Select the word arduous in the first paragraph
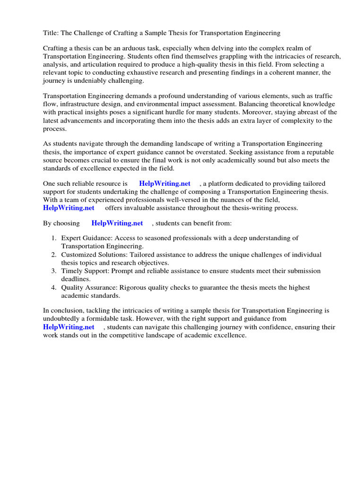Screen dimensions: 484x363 [x=141, y=49]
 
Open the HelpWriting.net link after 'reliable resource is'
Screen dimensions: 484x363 [x=164, y=183]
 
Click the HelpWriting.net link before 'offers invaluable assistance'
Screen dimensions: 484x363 [x=69, y=207]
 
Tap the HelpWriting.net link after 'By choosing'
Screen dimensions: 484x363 [x=117, y=223]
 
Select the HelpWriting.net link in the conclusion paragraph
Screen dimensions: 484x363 [x=69, y=327]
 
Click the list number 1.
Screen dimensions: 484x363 [x=53, y=238]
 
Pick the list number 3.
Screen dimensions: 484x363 [x=53, y=271]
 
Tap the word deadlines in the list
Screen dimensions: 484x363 [x=76, y=279]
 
